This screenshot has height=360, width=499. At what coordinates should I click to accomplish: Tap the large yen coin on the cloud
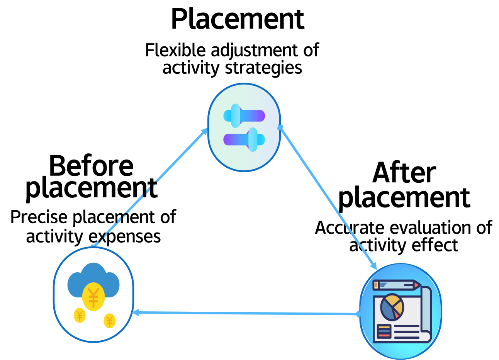coord(93,297)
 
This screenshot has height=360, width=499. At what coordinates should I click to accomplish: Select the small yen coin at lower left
coord(80,315)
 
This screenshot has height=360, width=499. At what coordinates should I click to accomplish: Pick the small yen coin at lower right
coord(110,321)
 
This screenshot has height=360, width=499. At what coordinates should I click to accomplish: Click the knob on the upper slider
coord(236,115)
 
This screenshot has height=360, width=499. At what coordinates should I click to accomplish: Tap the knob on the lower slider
coord(253,139)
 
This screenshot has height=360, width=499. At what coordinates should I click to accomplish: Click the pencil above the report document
coord(396,285)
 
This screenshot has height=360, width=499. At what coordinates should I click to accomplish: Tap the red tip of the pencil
coord(417,285)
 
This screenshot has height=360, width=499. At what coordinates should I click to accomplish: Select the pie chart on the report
coord(392,307)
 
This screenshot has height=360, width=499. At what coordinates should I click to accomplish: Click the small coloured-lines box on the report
coord(384,331)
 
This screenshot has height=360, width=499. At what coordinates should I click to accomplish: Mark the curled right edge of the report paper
coord(426,309)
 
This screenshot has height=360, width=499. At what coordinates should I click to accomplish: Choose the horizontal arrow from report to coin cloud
coord(247,313)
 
